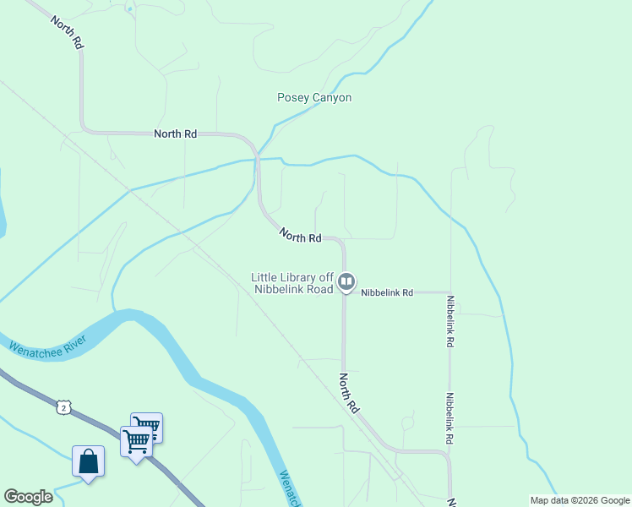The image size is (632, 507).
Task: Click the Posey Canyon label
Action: coord(314,98)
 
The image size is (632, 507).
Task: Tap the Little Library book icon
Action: coord(346,282)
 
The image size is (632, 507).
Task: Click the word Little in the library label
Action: coord(267,277)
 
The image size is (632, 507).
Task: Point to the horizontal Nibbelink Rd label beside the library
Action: coord(387,293)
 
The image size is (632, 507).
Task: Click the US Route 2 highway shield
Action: coord(65,408)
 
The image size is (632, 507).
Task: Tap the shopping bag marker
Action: coord(89,461)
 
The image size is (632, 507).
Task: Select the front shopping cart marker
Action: coord(136,440)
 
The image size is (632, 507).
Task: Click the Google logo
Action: coord(29,497)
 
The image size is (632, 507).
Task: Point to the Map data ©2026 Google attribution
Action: coord(579,500)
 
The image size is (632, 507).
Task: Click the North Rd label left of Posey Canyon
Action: coord(175,134)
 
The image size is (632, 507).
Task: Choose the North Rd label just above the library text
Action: coord(300,237)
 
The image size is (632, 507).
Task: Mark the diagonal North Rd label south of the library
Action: coord(350,393)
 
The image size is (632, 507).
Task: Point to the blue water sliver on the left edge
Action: coord(3,203)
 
